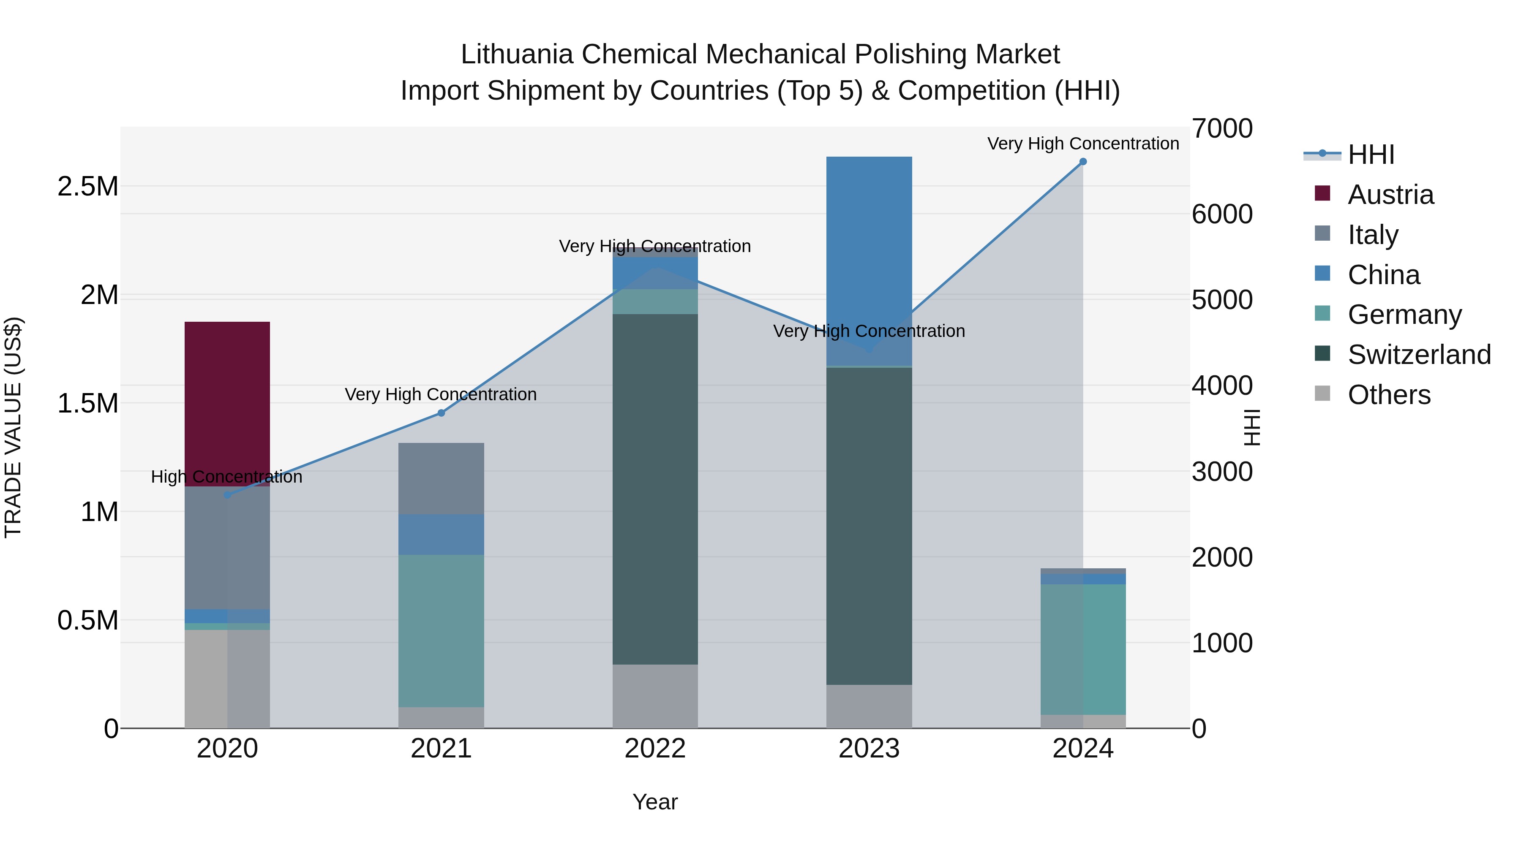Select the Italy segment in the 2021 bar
point(441,478)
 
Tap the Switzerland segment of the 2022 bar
point(655,490)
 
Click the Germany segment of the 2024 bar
point(1083,649)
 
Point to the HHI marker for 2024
point(1083,162)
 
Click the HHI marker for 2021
point(441,413)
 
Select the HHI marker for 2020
point(227,494)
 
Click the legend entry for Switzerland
point(1419,355)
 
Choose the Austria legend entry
point(1390,195)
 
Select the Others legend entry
point(1389,395)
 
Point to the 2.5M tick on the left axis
point(88,187)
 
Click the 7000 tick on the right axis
point(1221,129)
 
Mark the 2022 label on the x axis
point(655,749)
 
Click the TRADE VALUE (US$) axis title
point(13,428)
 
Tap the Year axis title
point(655,802)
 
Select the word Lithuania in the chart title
point(517,54)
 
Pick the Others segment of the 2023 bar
point(869,706)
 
